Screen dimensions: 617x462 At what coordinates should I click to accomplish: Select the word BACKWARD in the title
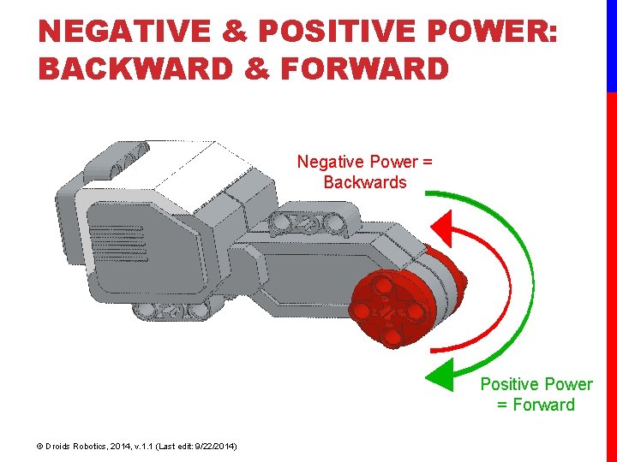point(135,68)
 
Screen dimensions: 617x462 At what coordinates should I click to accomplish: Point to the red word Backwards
point(365,182)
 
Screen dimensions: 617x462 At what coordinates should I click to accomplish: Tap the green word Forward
point(543,405)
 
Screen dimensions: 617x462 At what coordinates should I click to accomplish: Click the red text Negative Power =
point(365,162)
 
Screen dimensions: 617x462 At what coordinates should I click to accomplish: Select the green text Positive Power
point(536,384)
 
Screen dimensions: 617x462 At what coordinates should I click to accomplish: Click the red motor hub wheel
point(391,311)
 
